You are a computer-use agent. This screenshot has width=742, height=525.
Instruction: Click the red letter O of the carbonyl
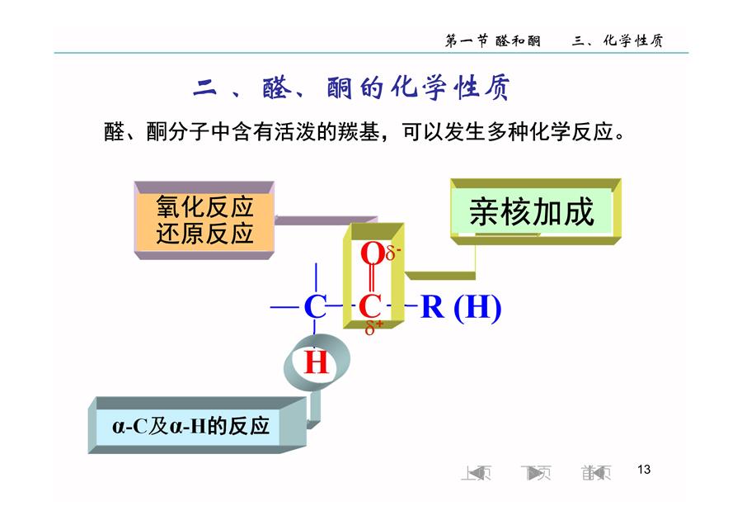coord(372,253)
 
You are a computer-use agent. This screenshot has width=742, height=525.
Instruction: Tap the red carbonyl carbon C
coord(370,306)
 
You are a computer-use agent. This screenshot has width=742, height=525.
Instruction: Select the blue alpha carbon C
coord(315,306)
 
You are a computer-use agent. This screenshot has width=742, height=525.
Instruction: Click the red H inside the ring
coord(316,362)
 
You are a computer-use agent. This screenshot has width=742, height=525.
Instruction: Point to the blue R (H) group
coord(461,307)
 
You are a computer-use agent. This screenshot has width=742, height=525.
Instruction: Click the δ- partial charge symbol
coord(393,253)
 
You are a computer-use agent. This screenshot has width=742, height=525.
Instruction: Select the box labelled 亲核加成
coord(536,211)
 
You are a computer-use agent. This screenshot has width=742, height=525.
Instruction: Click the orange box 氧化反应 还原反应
coord(204,220)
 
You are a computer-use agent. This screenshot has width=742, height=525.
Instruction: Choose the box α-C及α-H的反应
coord(197,425)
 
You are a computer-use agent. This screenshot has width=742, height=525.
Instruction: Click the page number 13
coord(644,469)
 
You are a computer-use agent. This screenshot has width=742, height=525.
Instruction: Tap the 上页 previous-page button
coord(476,472)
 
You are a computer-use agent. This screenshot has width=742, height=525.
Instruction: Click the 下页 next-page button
coord(536,472)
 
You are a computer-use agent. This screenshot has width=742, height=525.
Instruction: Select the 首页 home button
coord(596,472)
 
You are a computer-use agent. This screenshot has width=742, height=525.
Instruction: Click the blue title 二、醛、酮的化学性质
coord(351,87)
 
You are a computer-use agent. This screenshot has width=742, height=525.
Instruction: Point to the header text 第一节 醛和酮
coord(493,40)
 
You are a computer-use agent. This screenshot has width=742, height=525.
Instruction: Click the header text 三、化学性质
coord(617,40)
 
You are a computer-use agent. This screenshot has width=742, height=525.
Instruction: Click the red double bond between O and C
coord(372,280)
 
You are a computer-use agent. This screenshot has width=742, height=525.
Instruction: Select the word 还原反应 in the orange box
coord(205,234)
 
